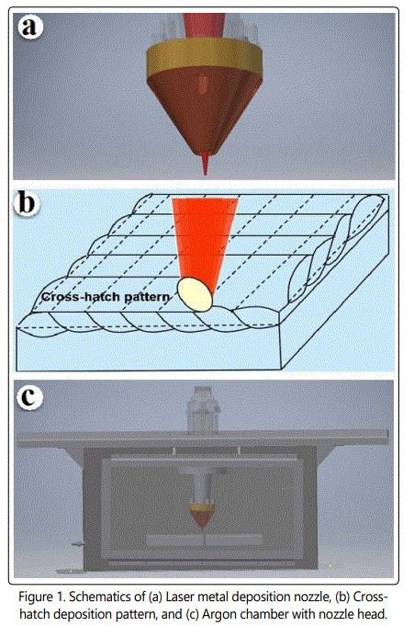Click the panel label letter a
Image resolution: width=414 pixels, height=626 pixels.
(29, 27)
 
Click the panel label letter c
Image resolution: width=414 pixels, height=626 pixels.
(28, 396)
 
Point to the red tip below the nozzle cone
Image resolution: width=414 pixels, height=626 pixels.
(205, 165)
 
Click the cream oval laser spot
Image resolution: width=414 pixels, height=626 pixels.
(195, 295)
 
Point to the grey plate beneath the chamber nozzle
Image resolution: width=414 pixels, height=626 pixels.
(204, 541)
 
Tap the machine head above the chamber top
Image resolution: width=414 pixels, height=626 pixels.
(204, 409)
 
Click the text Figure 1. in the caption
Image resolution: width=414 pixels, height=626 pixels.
(42, 597)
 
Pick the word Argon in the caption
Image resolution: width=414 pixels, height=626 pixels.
(219, 614)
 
